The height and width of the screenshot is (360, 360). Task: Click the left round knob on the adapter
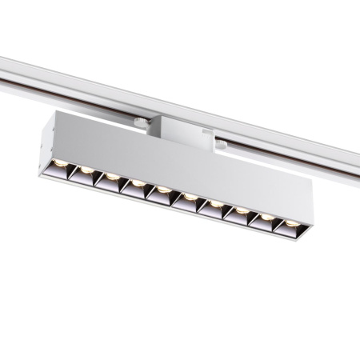[141, 122]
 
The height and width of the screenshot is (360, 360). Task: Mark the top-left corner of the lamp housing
[54, 114]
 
